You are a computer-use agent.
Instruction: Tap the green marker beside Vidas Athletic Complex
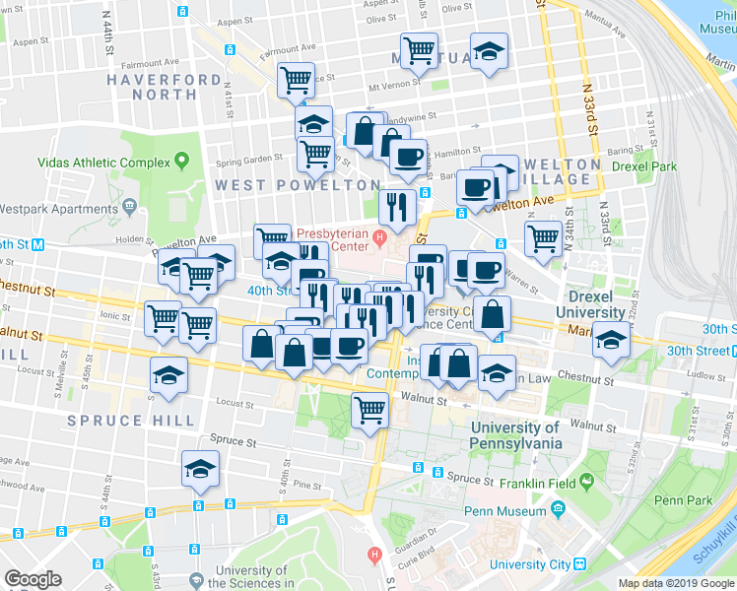[182, 161]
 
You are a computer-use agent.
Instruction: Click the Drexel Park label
[643, 166]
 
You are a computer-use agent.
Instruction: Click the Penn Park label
[682, 500]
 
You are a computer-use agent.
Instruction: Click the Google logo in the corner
[33, 579]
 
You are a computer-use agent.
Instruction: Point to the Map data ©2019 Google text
[676, 583]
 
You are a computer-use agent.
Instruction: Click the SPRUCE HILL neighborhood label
[131, 421]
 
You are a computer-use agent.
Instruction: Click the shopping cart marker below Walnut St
[369, 407]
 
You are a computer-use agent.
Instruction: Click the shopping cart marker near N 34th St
[543, 236]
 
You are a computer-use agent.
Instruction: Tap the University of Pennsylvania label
[515, 435]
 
